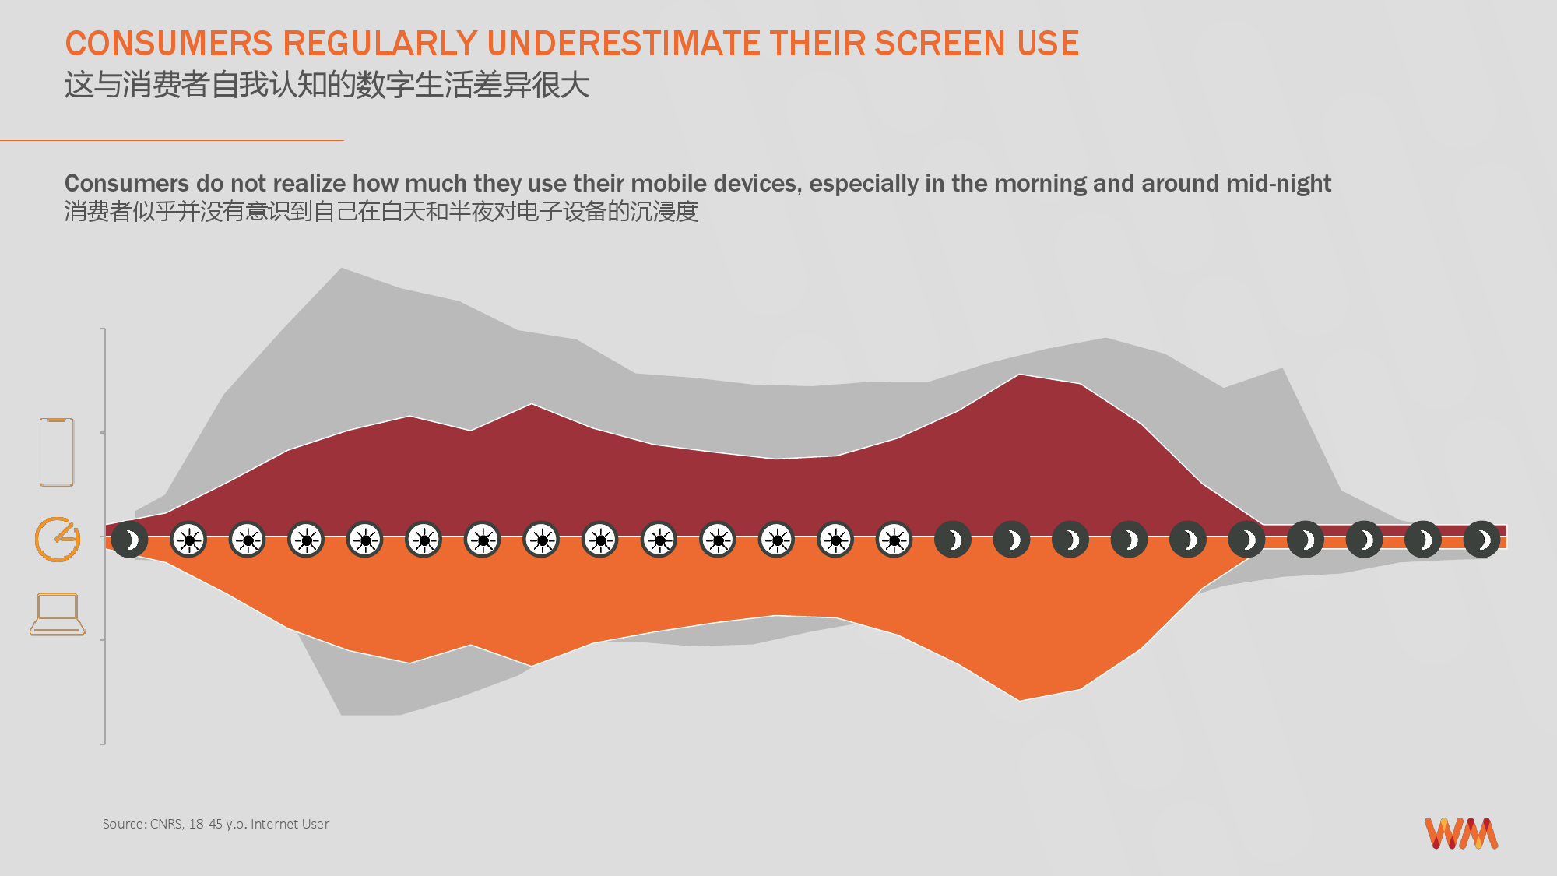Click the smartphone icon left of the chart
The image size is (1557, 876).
pyautogui.click(x=57, y=452)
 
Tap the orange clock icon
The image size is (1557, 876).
pyautogui.click(x=57, y=539)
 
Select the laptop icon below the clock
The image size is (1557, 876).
pyautogui.click(x=58, y=614)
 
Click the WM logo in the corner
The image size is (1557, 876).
pyautogui.click(x=1461, y=833)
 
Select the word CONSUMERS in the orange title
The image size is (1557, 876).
pyautogui.click(x=169, y=44)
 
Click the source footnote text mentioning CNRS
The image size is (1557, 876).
pyautogui.click(x=216, y=824)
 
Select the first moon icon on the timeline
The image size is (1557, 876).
pyautogui.click(x=130, y=540)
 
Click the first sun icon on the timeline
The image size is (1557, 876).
pyautogui.click(x=188, y=540)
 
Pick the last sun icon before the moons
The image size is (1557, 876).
pyautogui.click(x=894, y=540)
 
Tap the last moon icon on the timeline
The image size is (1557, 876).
pyautogui.click(x=1482, y=540)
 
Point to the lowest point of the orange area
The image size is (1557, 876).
pyautogui.click(x=1020, y=699)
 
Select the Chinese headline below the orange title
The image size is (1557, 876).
pyautogui.click(x=327, y=85)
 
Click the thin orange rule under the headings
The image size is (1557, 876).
pyautogui.click(x=172, y=140)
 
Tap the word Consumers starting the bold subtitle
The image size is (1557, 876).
pyautogui.click(x=127, y=183)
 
